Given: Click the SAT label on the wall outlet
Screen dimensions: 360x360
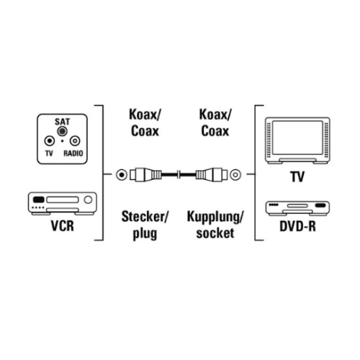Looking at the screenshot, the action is [62, 122].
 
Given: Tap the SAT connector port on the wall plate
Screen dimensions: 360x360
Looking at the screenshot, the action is [62, 131].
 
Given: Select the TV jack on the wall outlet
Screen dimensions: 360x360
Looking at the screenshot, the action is [50, 141].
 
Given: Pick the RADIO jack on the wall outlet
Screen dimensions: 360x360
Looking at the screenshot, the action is [75, 141].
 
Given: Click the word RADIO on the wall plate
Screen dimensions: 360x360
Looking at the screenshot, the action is [73, 153].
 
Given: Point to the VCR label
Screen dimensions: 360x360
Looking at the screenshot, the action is [63, 226].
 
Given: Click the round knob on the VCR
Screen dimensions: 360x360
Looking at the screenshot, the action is [88, 199].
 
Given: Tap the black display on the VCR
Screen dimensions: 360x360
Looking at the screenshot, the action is [38, 199].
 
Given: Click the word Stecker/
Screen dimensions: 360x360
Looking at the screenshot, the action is [145, 217].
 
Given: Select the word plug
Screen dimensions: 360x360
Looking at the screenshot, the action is [145, 233].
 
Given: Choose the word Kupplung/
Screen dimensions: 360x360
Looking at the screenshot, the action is [215, 217].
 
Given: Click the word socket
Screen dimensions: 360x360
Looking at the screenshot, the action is [215, 233].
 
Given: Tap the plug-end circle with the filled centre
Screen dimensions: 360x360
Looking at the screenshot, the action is [122, 175].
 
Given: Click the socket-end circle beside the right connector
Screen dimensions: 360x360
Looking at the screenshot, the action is [235, 174].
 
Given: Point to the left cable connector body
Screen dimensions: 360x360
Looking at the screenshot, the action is [145, 174].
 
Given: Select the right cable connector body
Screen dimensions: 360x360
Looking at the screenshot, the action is [212, 174].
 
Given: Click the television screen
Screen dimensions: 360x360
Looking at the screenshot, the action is [297, 138].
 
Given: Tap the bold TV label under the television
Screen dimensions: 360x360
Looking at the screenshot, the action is [297, 176].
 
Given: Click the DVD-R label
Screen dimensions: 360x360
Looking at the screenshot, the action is [297, 226].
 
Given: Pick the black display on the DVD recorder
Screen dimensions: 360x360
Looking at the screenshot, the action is [320, 205].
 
